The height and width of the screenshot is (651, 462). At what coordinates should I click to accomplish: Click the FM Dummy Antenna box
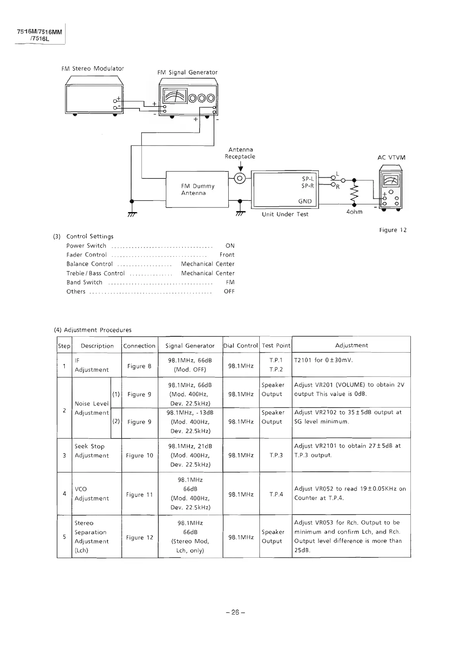(x=197, y=189)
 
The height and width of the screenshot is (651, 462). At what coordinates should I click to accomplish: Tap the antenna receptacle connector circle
(x=240, y=178)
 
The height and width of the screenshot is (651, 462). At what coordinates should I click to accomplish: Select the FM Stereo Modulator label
(x=93, y=69)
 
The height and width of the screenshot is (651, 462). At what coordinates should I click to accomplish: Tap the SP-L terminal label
(x=308, y=179)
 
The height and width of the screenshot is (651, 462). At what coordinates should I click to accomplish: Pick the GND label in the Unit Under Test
(x=305, y=201)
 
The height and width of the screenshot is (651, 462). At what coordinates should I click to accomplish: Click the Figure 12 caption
(x=393, y=230)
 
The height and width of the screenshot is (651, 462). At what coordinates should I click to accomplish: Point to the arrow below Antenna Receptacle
(x=240, y=167)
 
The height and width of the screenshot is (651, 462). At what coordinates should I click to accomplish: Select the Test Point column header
(x=276, y=345)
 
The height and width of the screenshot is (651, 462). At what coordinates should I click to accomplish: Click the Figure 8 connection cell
(x=139, y=366)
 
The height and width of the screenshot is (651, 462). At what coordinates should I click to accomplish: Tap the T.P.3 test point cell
(x=276, y=455)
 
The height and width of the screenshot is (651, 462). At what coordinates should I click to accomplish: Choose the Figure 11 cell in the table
(x=139, y=495)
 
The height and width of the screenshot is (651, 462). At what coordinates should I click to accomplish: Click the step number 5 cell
(x=64, y=536)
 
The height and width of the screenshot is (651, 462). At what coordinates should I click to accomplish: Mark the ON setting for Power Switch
(x=230, y=245)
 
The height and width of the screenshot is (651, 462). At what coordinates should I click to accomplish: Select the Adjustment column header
(x=351, y=345)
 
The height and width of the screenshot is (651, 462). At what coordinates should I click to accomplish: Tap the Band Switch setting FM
(x=230, y=282)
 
